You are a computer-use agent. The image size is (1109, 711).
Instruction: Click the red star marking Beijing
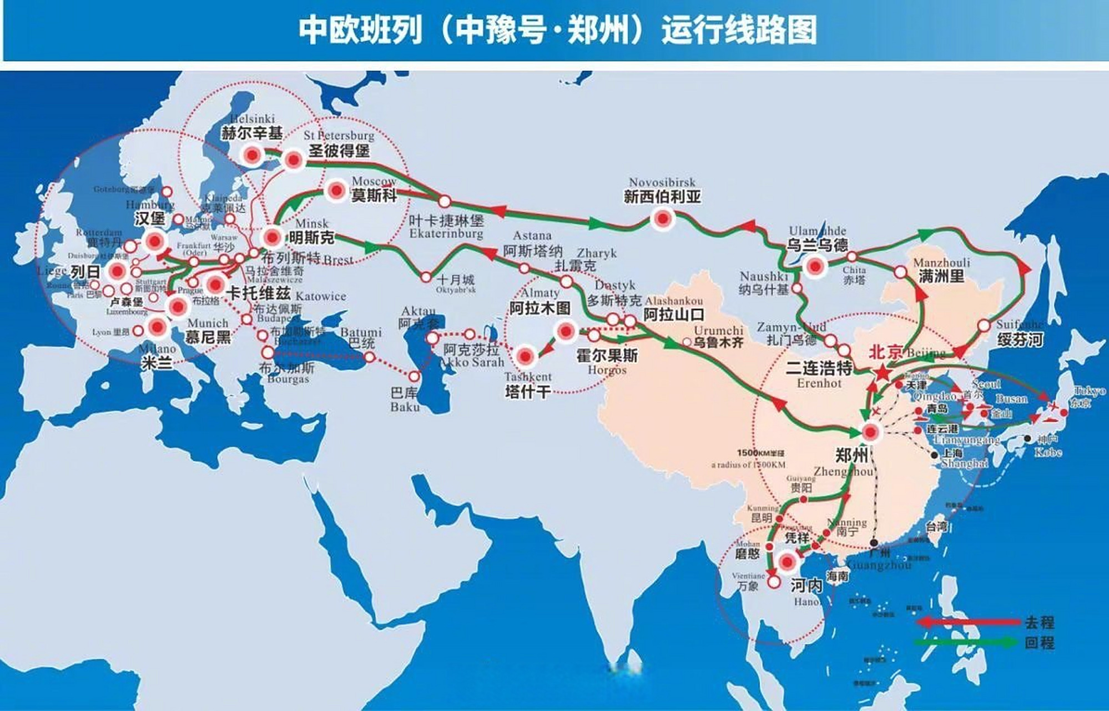[881, 372]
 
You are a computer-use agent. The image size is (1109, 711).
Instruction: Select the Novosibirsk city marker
[662, 219]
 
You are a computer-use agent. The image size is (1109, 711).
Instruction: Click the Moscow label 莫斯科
[374, 196]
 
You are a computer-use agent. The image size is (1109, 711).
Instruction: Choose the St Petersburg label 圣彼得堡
[339, 151]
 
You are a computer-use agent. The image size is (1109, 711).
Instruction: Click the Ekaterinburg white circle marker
[445, 202]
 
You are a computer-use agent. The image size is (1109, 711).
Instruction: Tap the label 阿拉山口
[674, 315]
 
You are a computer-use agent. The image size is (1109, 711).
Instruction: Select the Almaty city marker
[566, 332]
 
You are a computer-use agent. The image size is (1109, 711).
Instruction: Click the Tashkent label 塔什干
[528, 392]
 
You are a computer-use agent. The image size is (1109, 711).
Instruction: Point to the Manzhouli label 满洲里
[941, 276]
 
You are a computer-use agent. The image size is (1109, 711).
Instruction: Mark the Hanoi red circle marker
[787, 562]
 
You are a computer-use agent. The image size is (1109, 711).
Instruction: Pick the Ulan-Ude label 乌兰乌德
[818, 245]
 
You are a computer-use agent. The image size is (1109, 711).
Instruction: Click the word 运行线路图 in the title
[739, 30]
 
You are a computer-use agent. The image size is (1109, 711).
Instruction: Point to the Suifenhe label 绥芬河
[1020, 340]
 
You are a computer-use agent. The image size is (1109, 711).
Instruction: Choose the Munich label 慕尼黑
[208, 337]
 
